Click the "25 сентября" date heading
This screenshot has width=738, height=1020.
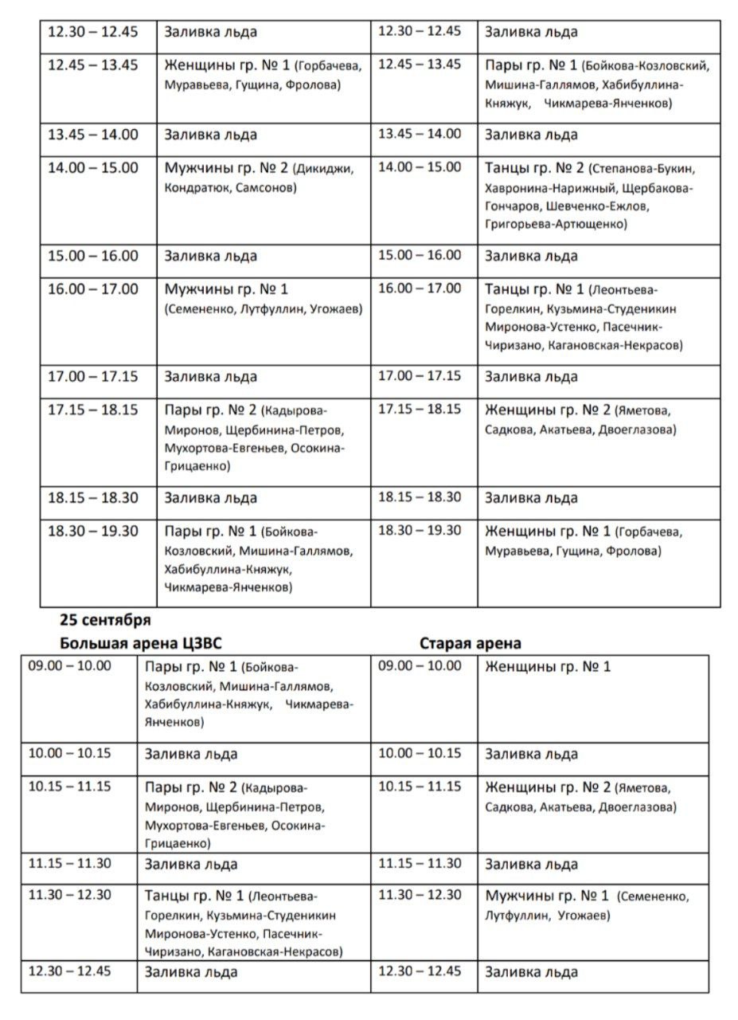coord(104,619)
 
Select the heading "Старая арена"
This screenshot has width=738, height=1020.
coord(471,643)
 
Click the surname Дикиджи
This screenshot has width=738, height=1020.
coord(322,169)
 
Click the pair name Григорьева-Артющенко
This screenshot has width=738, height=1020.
coord(555,225)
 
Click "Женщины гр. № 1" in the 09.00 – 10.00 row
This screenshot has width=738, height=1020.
coord(548,666)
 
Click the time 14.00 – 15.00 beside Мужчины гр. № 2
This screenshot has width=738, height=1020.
coord(92,168)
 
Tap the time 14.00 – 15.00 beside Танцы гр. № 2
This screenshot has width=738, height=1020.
coord(420,167)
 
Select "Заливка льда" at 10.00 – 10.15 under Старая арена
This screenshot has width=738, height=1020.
coord(531,754)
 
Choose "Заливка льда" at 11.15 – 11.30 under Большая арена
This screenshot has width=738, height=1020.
coord(191,865)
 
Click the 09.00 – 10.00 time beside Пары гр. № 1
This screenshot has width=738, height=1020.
coord(69,665)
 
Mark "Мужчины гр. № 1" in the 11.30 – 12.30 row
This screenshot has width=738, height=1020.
coord(547,896)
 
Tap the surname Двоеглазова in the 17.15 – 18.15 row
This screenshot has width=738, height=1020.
coord(636,430)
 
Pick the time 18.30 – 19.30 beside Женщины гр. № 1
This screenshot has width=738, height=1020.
coord(420,530)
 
